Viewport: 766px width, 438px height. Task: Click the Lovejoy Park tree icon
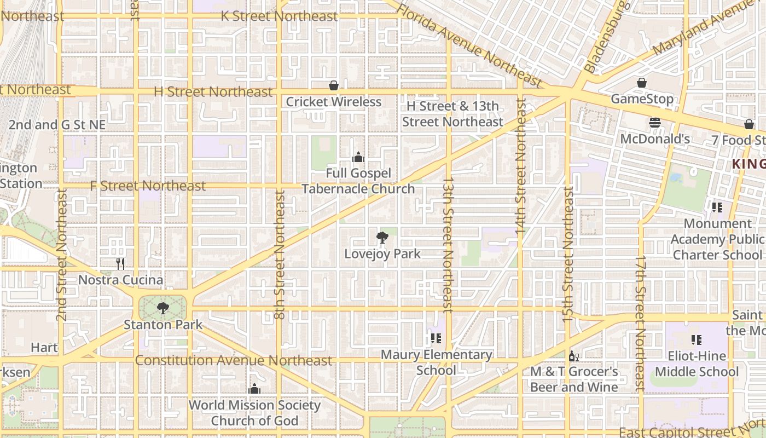pos(382,238)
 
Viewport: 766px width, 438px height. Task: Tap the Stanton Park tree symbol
pos(163,308)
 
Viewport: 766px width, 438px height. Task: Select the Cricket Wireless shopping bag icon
pos(333,85)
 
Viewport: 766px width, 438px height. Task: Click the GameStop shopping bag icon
pos(641,83)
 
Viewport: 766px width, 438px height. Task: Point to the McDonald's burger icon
pos(654,123)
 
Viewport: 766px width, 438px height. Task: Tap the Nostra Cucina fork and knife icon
pos(120,264)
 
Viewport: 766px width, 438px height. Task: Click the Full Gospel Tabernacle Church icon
pos(358,158)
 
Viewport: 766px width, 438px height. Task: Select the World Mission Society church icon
pos(254,389)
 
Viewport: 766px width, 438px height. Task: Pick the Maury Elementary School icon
pos(436,338)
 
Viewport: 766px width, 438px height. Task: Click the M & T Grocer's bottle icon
pos(573,356)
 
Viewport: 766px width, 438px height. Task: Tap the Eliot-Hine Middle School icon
pos(696,340)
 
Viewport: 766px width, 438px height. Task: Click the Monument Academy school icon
pos(717,208)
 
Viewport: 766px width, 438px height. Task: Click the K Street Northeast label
pos(279,16)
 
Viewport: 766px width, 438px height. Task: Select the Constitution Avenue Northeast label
pos(233,360)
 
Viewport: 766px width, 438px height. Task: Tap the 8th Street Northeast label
pos(280,255)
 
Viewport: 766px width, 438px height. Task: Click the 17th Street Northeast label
pos(641,323)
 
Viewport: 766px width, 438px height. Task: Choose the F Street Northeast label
pos(148,186)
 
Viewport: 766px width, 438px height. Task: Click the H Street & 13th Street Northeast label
pos(452,114)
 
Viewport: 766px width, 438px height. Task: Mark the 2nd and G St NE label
pos(57,125)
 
